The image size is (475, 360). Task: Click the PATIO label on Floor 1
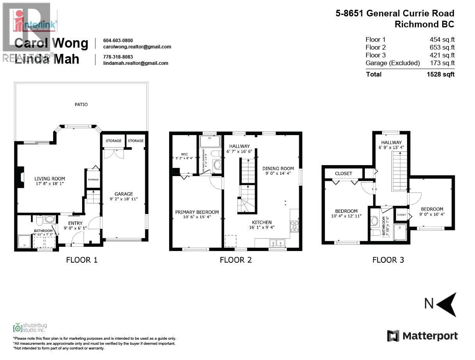point(81,105)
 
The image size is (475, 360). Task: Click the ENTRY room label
point(75,223)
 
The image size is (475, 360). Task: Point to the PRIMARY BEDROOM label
point(197,212)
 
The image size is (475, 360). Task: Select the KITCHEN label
point(261,222)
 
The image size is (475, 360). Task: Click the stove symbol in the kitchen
point(294,226)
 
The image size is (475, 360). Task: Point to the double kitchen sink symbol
point(277,244)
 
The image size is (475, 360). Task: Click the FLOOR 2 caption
point(236,260)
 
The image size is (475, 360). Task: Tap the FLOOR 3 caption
point(388,260)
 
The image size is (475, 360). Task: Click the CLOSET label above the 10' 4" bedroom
point(343,173)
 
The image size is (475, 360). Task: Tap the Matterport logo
point(422,336)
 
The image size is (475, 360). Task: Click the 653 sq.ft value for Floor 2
point(442,47)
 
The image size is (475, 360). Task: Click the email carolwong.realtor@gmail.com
point(137,47)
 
